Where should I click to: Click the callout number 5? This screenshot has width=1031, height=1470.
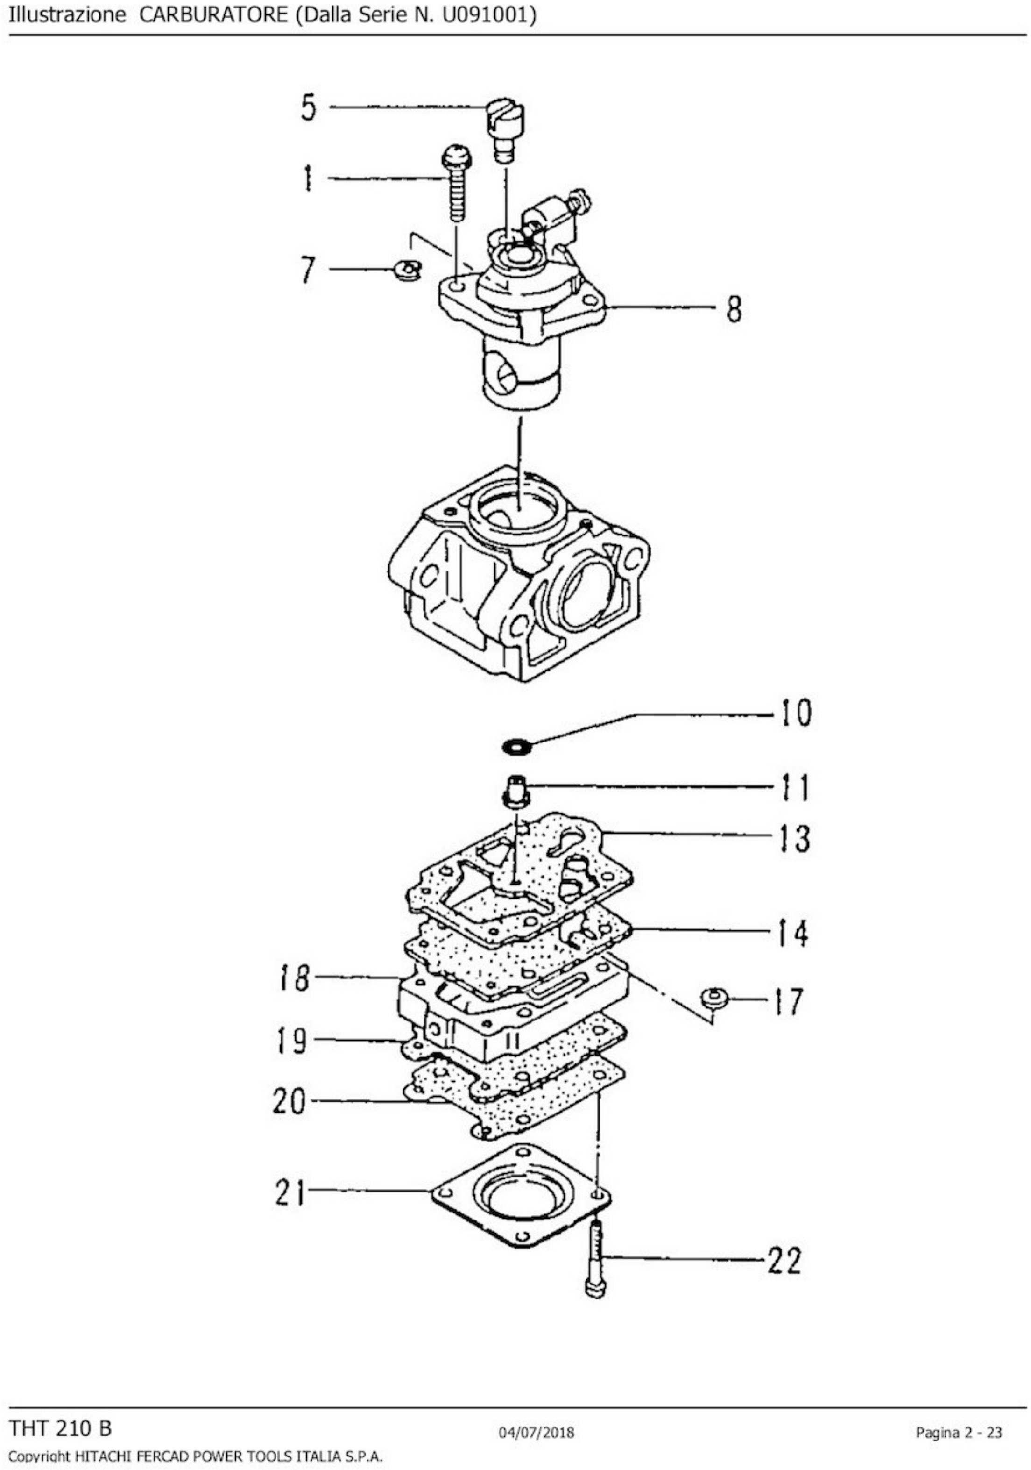[x=309, y=107]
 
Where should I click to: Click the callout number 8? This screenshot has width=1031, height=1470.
[x=734, y=309]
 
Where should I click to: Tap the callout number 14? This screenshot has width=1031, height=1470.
[x=794, y=934]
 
